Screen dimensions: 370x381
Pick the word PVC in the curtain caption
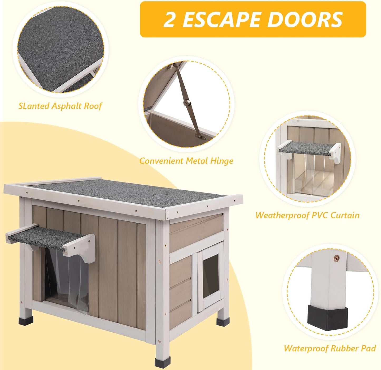pyautogui.click(x=320, y=215)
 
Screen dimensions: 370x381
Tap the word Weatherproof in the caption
pyautogui.click(x=282, y=215)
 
